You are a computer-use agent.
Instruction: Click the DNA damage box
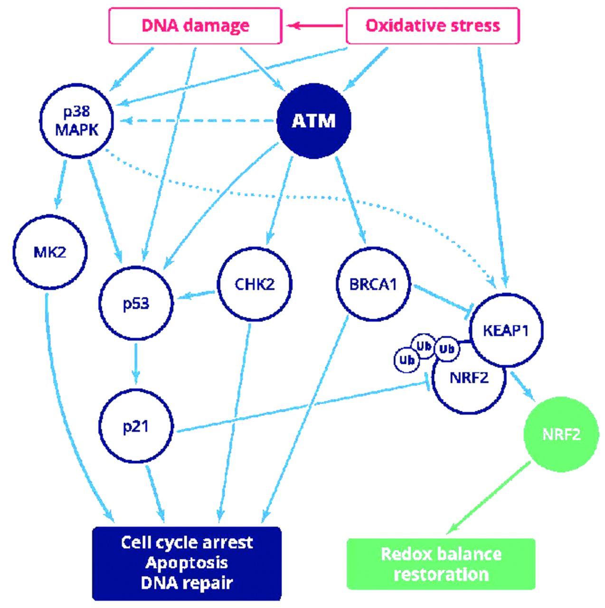pos(195,26)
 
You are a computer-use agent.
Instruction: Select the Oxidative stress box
pos(433,26)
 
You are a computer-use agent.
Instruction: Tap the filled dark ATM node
pos(313,121)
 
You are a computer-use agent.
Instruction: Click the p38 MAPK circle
pos(76,122)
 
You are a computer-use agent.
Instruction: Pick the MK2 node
pos(50,252)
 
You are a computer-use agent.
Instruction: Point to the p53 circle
pos(136,303)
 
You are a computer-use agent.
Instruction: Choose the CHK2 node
pos(255,284)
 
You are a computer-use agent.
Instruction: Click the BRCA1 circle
pos(373,284)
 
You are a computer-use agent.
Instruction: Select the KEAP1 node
pos(506,330)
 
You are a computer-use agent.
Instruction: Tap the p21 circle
pos(136,427)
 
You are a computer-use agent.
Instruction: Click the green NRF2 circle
pos(561,434)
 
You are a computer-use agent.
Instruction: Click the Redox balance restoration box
pos(441,564)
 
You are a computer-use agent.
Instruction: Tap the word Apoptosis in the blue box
pos(187,563)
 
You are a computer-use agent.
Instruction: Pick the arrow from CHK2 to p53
pos(195,295)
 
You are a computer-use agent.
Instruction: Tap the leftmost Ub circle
pos(407,360)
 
